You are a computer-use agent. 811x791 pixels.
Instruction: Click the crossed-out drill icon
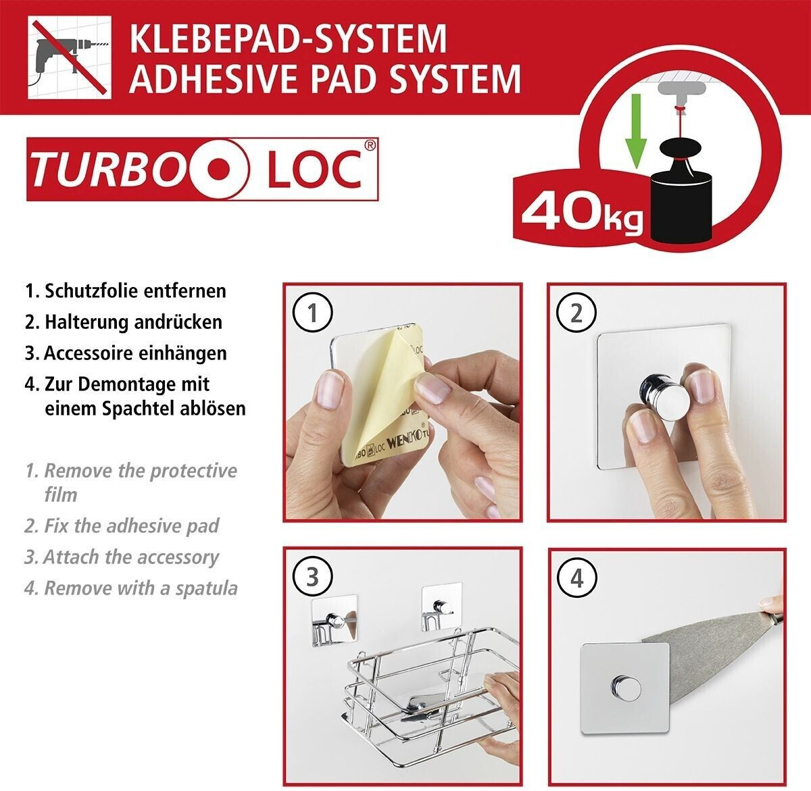[x=70, y=57]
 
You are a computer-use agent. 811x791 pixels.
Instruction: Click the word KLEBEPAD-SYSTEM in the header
[x=288, y=39]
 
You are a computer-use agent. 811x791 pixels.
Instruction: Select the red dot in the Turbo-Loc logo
[x=220, y=170]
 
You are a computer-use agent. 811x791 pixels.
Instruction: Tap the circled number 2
[x=576, y=313]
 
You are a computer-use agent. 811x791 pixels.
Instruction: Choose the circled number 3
[x=312, y=577]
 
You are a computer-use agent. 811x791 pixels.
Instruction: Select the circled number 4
[x=576, y=578]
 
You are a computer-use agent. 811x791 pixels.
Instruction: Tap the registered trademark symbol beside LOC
[x=370, y=145]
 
